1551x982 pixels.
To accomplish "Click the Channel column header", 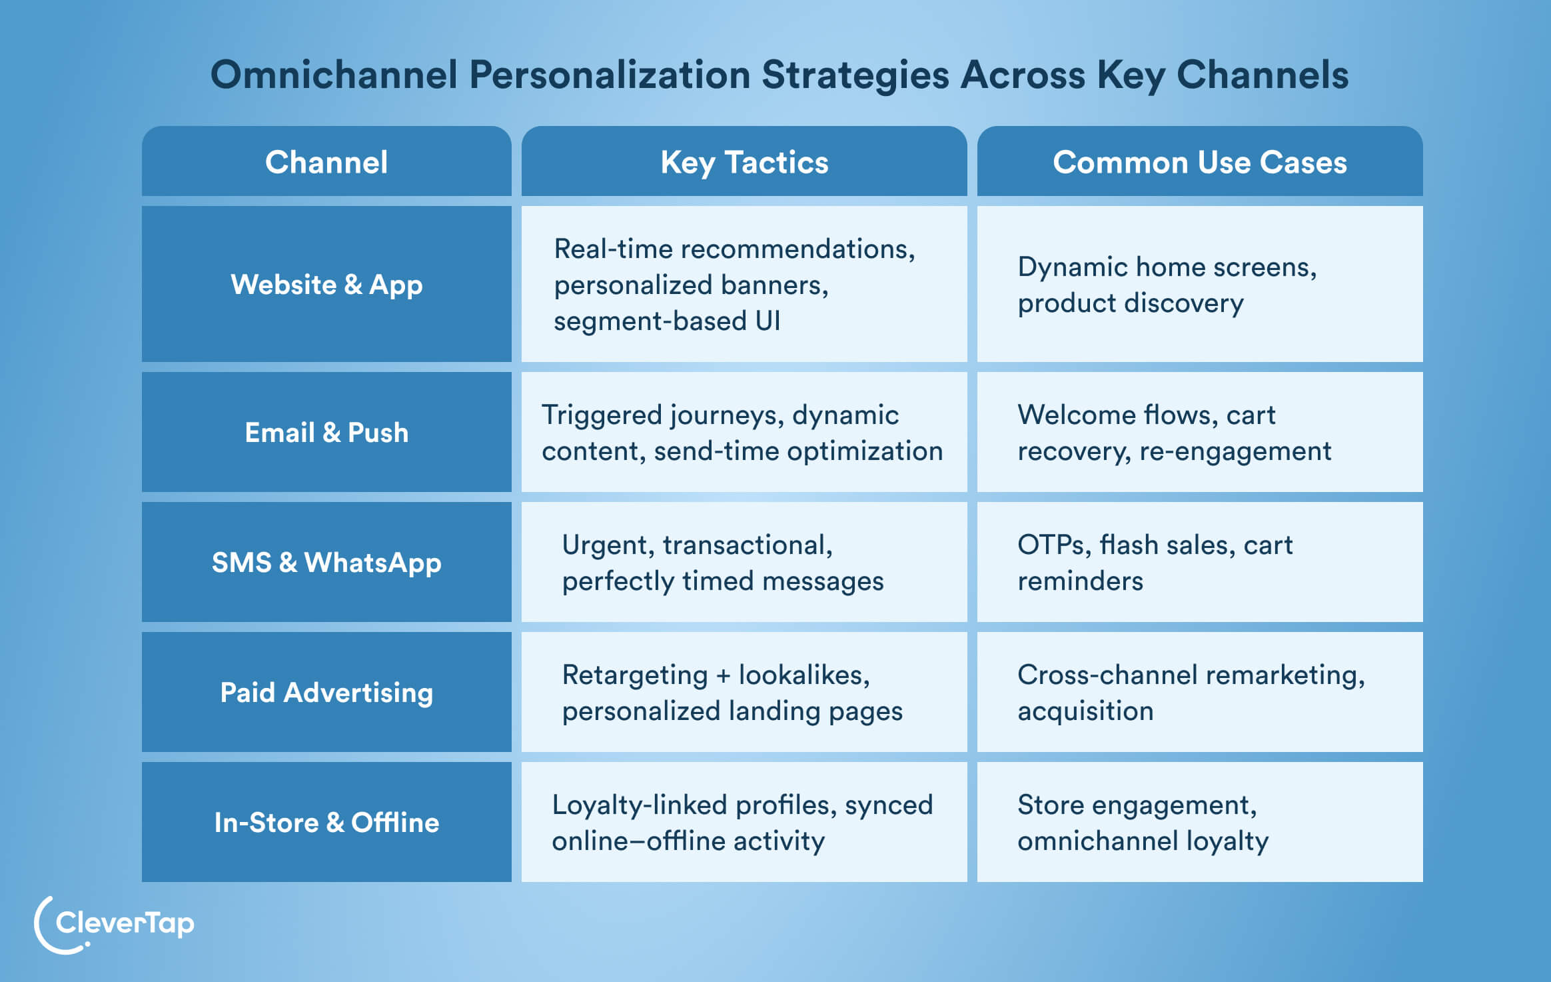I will point(326,162).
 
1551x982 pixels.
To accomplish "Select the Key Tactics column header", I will point(744,162).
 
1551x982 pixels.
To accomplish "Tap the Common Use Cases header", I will point(1199,162).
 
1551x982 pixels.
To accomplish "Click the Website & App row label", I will point(326,285).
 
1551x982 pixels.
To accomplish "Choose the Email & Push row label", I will point(326,433).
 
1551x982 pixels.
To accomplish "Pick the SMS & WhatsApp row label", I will point(326,563).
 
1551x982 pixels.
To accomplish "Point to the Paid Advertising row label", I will point(326,693).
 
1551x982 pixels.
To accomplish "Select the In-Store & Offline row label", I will point(326,823).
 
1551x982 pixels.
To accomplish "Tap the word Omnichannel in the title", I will point(334,75).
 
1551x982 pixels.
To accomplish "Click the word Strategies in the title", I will point(855,75).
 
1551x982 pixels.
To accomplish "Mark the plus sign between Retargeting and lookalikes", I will point(723,675).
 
